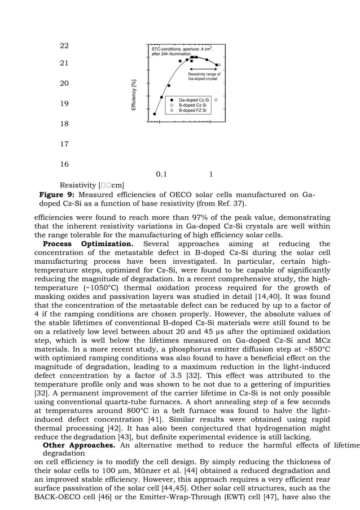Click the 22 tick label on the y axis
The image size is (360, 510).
coord(64,46)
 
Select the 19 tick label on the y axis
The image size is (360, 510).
coord(64,104)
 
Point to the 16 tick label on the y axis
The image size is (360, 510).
coord(64,164)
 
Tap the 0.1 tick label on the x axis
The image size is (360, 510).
coord(161,175)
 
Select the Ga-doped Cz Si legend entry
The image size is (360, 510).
coord(194,100)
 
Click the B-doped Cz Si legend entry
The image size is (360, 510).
coord(192,106)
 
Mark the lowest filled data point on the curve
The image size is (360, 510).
coord(155,114)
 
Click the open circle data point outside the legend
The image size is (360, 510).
coord(216,99)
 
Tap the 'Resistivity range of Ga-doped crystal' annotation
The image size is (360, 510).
coord(204,76)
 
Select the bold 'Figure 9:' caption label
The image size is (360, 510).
coord(56,195)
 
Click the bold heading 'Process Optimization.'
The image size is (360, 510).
coord(88,244)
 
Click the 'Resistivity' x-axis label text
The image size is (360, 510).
coord(77,185)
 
